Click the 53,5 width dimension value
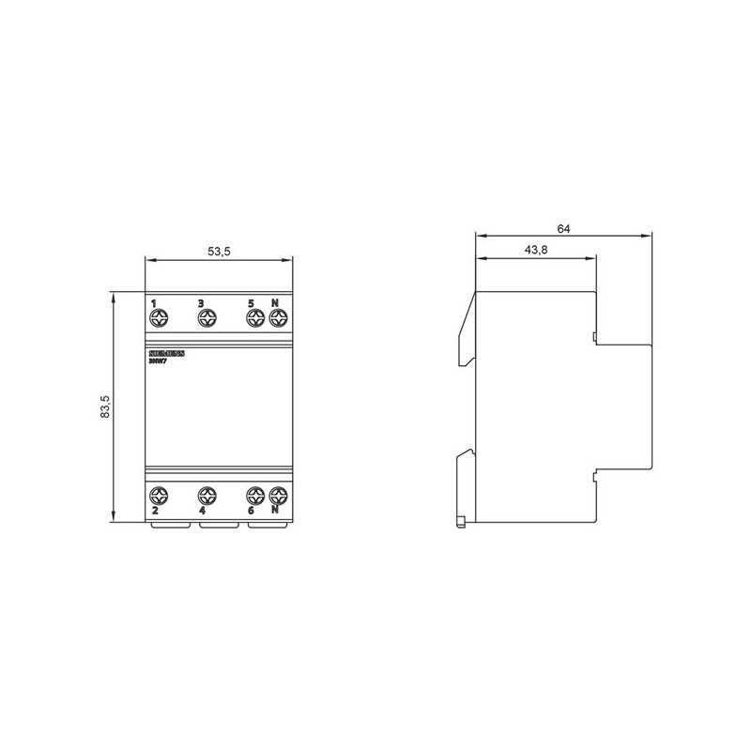click(218, 252)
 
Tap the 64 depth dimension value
click(564, 228)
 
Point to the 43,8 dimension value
click(535, 250)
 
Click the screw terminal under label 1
click(158, 320)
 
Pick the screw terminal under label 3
click(206, 320)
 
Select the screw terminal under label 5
click(253, 320)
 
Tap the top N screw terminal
click(277, 320)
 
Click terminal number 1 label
click(154, 303)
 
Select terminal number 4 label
click(202, 512)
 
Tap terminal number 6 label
click(251, 512)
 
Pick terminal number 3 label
click(201, 303)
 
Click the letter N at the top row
click(275, 303)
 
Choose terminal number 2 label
click(154, 512)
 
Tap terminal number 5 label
click(251, 303)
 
